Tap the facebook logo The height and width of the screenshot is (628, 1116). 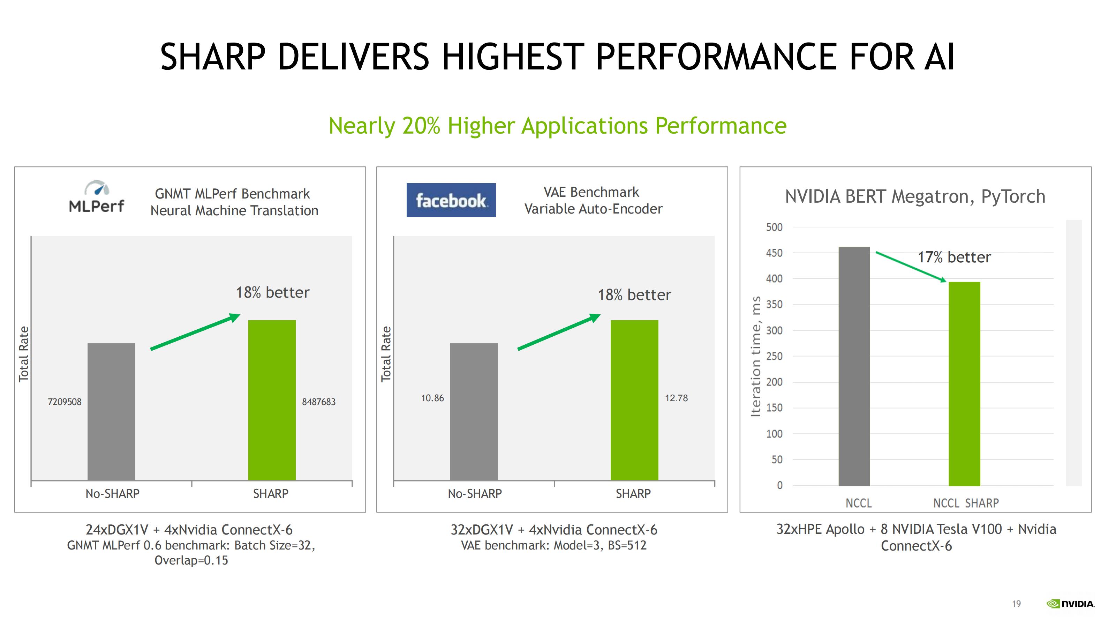(x=451, y=200)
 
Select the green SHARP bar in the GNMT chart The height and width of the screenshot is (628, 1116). (x=272, y=400)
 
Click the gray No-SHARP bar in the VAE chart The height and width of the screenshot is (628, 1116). (x=474, y=412)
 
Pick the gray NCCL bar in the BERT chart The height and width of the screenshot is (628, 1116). (x=854, y=366)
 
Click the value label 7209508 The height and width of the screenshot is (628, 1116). (x=65, y=402)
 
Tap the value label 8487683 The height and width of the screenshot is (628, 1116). (x=319, y=402)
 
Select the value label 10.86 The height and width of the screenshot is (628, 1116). (x=432, y=398)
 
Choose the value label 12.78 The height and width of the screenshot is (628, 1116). (x=676, y=398)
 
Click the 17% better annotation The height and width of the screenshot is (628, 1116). (x=954, y=257)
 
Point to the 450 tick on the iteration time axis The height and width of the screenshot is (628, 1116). (x=774, y=253)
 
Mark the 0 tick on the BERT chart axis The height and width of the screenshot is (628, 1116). (x=779, y=485)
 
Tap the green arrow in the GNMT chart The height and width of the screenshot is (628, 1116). (x=195, y=331)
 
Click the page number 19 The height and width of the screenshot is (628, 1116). (x=1016, y=604)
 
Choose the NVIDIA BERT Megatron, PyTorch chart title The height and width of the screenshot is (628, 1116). (x=915, y=196)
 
